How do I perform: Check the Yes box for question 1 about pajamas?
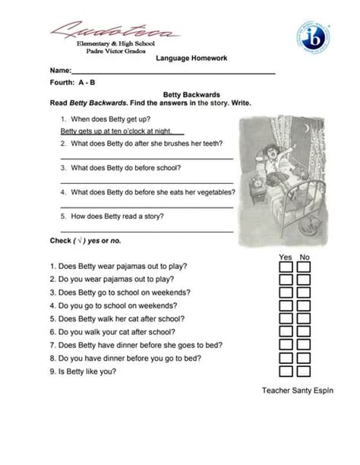[x=286, y=267]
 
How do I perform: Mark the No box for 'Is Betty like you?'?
[x=304, y=372]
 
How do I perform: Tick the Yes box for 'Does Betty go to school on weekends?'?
[x=286, y=293]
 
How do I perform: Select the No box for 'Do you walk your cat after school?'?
[x=304, y=333]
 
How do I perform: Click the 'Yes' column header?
[x=286, y=257]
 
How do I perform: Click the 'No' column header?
[x=305, y=257]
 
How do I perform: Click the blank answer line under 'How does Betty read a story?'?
[x=146, y=230]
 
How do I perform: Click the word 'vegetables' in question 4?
[x=210, y=192]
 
